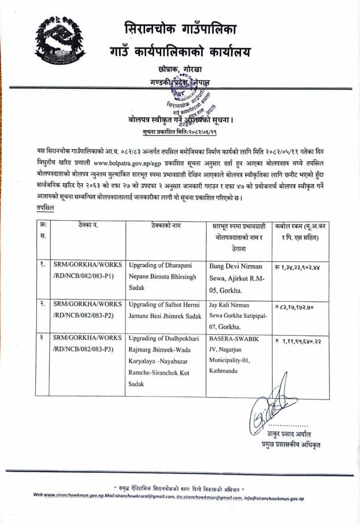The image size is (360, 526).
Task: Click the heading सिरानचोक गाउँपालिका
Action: coord(180,28)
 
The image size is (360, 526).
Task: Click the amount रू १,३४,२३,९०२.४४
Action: coord(302,268)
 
